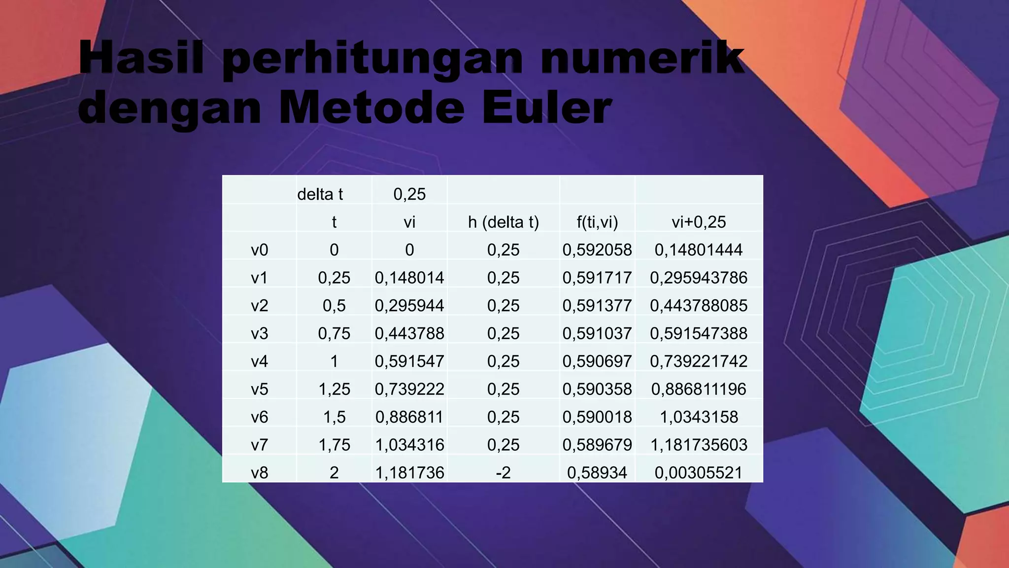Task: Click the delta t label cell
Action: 320,194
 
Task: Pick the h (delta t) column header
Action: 503,222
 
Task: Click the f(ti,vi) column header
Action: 597,222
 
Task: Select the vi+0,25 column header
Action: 698,222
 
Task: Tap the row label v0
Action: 260,250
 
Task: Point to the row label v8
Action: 260,473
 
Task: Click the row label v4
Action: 260,361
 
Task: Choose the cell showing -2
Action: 503,473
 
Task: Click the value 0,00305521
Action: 698,473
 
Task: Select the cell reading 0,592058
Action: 597,250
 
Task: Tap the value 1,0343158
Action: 698,417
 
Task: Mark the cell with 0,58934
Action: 597,473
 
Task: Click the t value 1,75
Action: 334,445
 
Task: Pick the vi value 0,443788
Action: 409,334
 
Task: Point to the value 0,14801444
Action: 698,250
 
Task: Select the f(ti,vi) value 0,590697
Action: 597,361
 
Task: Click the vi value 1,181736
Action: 409,473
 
